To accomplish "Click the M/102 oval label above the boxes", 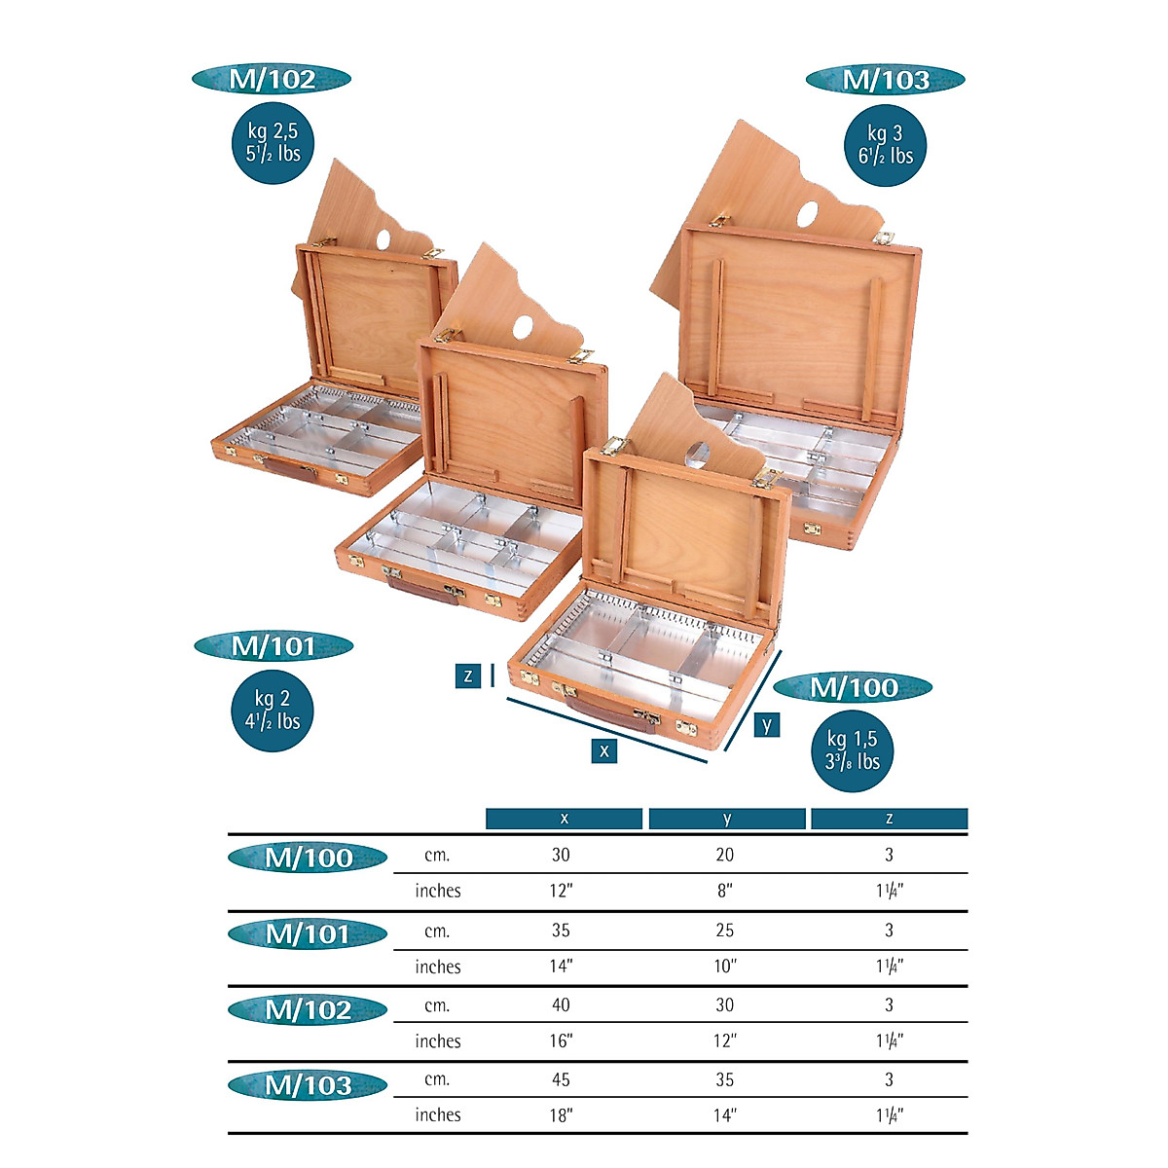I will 272,80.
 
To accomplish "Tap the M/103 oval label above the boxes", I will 885,80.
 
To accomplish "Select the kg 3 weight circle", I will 885,145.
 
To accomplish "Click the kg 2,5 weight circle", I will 274,142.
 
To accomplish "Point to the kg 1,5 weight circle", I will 853,750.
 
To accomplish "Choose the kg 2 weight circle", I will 273,711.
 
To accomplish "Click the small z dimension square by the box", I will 468,675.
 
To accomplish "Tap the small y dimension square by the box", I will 767,724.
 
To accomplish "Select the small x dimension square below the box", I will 604,750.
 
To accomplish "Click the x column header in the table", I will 564,819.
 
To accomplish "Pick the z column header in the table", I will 889,819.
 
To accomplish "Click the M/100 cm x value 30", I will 561,855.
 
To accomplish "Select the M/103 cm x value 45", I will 561,1079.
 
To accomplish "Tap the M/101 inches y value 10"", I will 725,967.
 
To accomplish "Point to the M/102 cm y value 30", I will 725,1004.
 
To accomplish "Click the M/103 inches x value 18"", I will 562,1115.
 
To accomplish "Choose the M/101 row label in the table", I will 308,934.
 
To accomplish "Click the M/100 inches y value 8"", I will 724,891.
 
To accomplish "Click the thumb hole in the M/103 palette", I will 810,212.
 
